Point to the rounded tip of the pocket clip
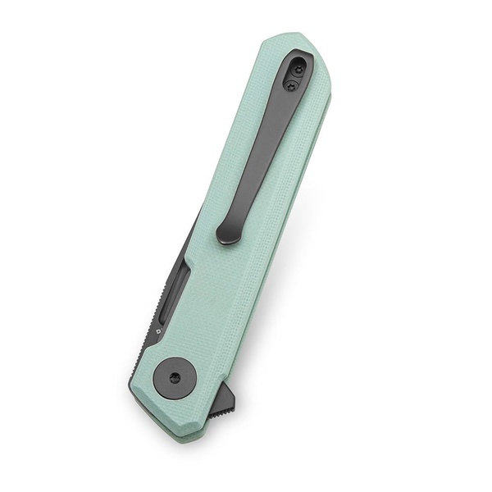228,235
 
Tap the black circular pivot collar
175,376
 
